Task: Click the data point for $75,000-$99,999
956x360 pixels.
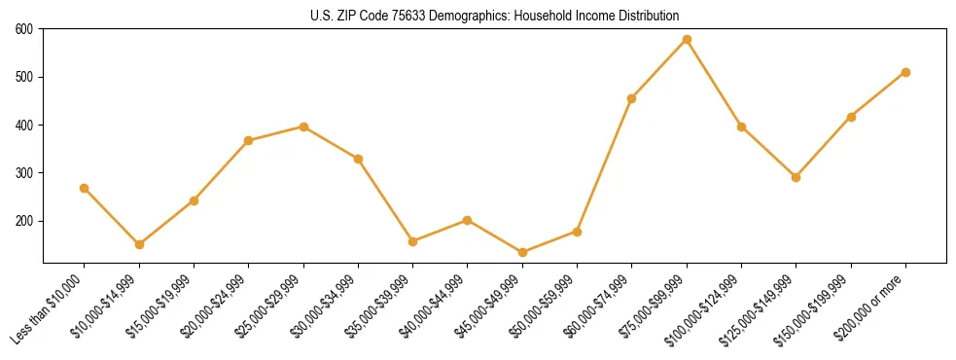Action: click(x=687, y=39)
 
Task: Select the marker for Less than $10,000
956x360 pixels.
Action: click(x=85, y=188)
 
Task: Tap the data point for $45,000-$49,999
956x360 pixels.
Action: click(x=522, y=252)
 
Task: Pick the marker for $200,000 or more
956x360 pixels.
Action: click(x=905, y=72)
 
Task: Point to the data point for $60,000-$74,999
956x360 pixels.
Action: click(x=632, y=98)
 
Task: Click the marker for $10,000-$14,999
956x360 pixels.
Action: click(x=139, y=244)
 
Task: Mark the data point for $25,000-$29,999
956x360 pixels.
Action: click(x=303, y=126)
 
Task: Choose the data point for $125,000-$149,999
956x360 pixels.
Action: click(x=796, y=177)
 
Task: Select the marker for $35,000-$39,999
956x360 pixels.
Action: click(x=413, y=241)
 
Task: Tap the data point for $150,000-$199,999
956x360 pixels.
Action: click(x=851, y=117)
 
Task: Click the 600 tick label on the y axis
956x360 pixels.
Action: click(x=24, y=29)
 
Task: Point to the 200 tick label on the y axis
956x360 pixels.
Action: click(x=24, y=221)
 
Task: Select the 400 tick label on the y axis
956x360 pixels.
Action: click(x=24, y=126)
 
